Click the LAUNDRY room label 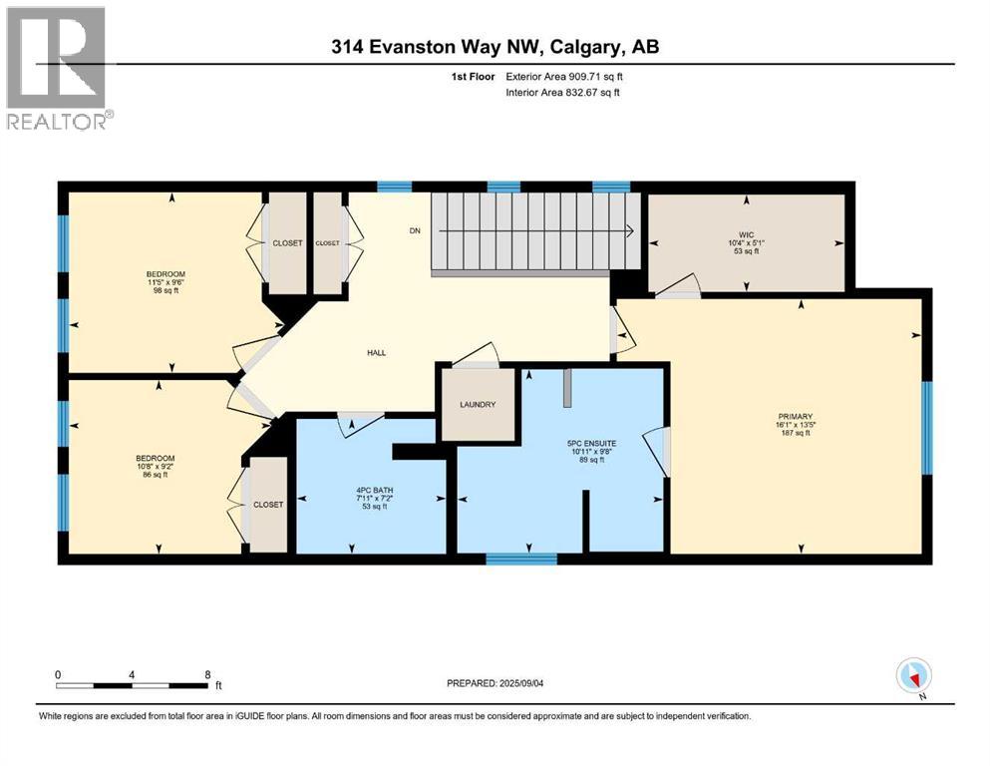pos(478,404)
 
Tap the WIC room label pos(746,235)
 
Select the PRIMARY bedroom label pos(795,417)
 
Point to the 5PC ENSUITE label pos(591,443)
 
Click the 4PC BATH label pos(375,490)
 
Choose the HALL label pos(376,353)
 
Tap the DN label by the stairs pos(415,231)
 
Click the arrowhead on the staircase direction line pos(630,231)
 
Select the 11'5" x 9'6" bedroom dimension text pos(165,282)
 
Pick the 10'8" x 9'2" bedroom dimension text pos(156,467)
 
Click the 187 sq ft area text pos(796,433)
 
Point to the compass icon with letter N pos(914,677)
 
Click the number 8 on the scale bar pos(207,675)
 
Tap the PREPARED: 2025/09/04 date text pos(495,683)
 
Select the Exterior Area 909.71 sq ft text pos(564,77)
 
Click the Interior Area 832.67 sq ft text pos(562,92)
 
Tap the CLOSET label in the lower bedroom pos(268,505)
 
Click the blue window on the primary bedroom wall pos(927,428)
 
